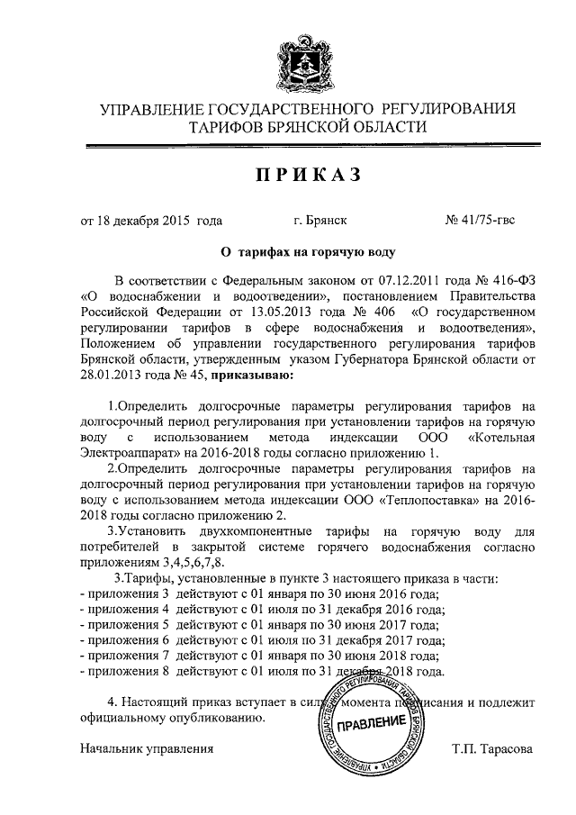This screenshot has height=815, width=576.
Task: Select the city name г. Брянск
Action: [320, 220]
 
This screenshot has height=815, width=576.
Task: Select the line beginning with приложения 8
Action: [262, 671]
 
